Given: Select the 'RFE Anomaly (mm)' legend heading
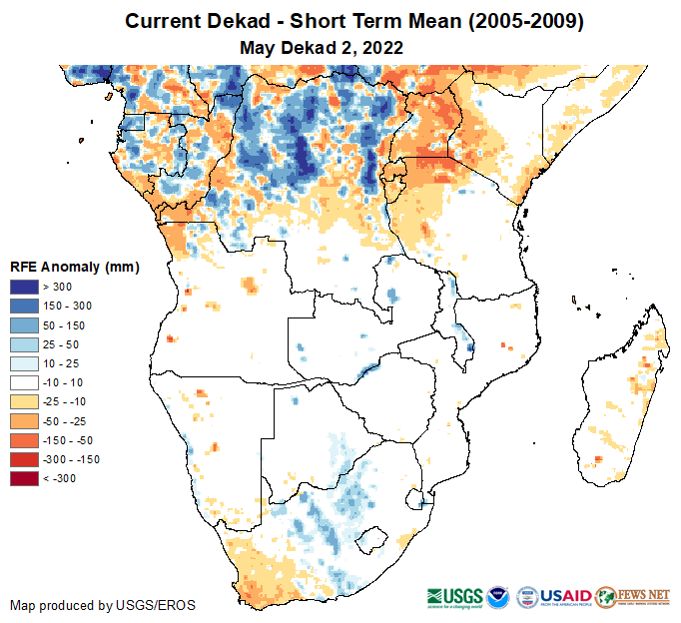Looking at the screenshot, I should (x=74, y=267).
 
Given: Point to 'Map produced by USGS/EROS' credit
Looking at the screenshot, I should (x=103, y=605).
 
